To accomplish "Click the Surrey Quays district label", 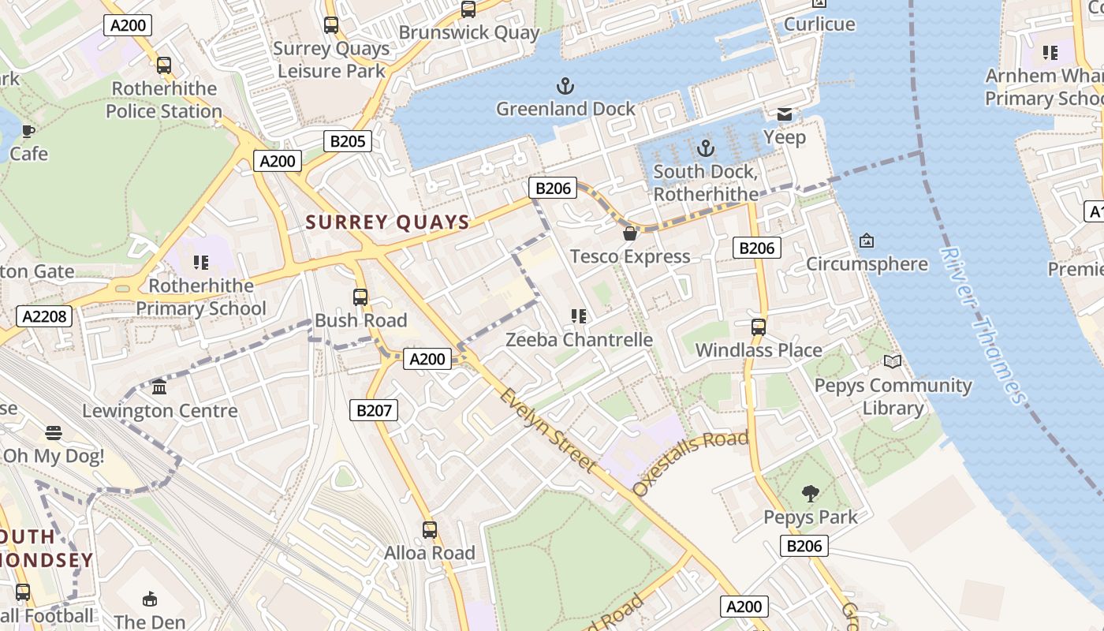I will [x=387, y=222].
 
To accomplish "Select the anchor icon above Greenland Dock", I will [x=565, y=86].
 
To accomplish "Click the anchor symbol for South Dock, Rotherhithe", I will [x=705, y=148].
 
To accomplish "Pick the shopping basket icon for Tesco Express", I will [x=629, y=233].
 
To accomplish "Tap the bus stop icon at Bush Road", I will [x=360, y=297].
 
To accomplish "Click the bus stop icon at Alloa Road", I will [x=429, y=530].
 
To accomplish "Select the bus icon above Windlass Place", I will [x=758, y=327].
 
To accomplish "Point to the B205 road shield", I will [x=348, y=141].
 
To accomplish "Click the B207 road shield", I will [x=374, y=410].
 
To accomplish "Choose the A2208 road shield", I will [x=45, y=316].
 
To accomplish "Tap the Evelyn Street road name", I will [x=547, y=431].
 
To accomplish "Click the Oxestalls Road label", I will [x=690, y=462].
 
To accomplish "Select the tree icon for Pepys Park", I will [x=810, y=495].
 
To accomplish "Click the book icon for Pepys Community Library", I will [x=892, y=362].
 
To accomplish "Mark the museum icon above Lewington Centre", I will [x=159, y=387].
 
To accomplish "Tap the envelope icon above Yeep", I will [x=784, y=115].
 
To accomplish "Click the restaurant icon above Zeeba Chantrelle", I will [x=579, y=316].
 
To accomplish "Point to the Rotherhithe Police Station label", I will [x=164, y=99].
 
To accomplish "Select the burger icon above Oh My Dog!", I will [x=53, y=432].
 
